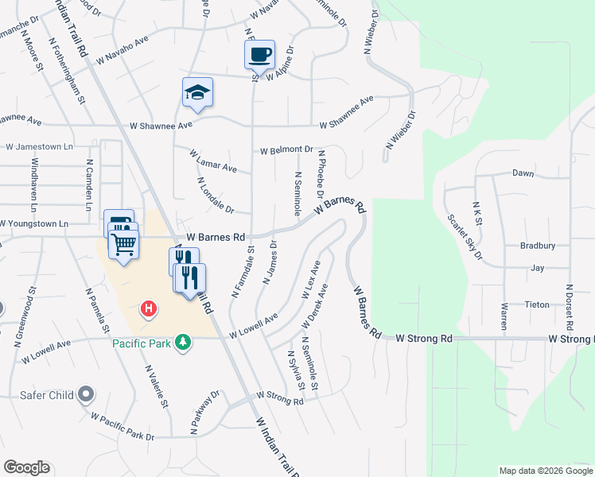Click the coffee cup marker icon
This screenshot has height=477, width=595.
259,55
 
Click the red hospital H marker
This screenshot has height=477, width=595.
147,308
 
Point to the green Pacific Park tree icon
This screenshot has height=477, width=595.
184,343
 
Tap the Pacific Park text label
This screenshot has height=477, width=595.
142,343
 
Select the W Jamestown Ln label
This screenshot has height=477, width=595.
39,147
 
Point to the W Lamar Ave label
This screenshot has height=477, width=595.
214,162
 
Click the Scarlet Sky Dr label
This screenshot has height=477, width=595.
465,236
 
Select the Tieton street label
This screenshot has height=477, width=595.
537,304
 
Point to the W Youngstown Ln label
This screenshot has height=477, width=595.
41,224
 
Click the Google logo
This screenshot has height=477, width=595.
26,467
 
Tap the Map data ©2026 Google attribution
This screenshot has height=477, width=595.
545,471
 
